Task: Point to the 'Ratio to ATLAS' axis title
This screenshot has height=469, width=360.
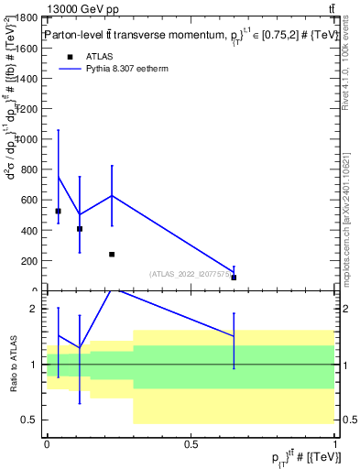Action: point(14,365)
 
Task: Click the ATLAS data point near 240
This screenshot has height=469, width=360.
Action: point(112,254)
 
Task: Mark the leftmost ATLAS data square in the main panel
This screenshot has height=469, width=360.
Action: point(58,211)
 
